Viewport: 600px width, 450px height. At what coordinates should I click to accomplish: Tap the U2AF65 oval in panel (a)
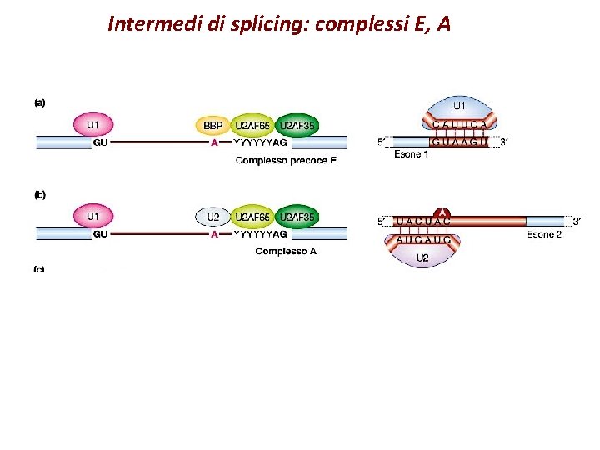pyautogui.click(x=252, y=126)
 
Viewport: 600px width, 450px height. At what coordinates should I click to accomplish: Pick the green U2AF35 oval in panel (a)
pyautogui.click(x=297, y=126)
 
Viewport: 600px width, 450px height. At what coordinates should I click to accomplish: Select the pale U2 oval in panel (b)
pyautogui.click(x=212, y=217)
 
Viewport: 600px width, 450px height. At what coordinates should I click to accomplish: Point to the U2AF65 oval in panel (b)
pyautogui.click(x=252, y=217)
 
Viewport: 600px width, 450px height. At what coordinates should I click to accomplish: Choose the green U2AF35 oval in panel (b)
pyautogui.click(x=297, y=217)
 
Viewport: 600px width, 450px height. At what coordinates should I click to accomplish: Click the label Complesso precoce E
pyautogui.click(x=286, y=160)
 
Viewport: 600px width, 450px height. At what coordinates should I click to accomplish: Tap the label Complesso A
pyautogui.click(x=286, y=251)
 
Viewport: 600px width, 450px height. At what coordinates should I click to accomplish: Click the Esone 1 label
pyautogui.click(x=411, y=155)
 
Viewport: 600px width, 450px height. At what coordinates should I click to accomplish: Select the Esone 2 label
pyautogui.click(x=545, y=235)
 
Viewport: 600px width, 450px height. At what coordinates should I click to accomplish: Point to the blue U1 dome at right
pyautogui.click(x=459, y=107)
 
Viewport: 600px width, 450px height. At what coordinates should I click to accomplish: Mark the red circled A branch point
pyautogui.click(x=442, y=212)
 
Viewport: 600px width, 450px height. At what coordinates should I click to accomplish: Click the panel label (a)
pyautogui.click(x=39, y=103)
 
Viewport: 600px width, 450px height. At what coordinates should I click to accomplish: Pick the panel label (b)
pyautogui.click(x=39, y=195)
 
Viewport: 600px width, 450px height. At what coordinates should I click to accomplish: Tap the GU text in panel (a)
pyautogui.click(x=101, y=142)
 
